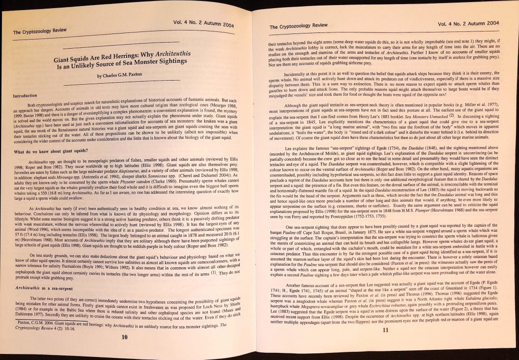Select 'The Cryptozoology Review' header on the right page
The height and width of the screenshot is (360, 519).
click(x=298, y=26)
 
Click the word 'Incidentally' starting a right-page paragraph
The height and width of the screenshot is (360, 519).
click(x=301, y=74)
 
